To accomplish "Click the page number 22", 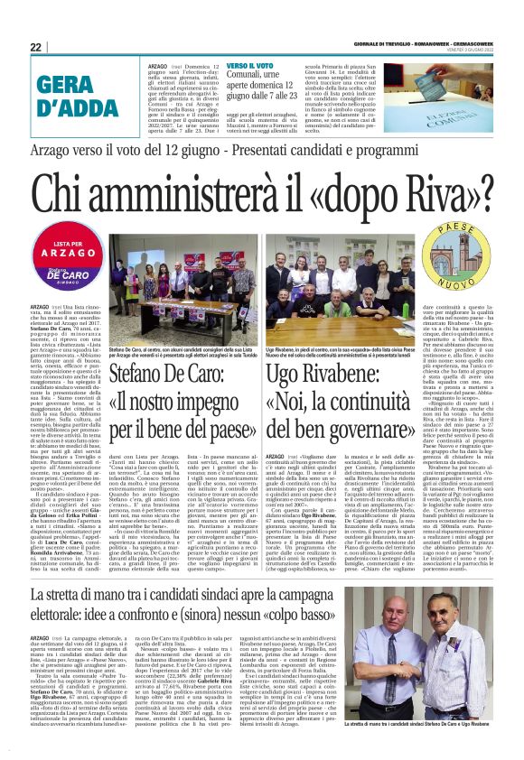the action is (35, 47).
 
